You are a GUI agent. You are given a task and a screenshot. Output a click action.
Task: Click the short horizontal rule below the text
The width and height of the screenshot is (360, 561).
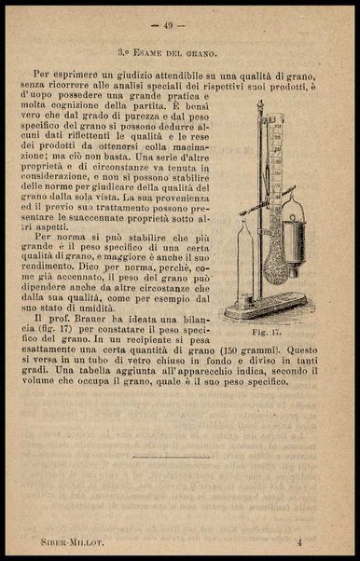pos(179,458)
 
